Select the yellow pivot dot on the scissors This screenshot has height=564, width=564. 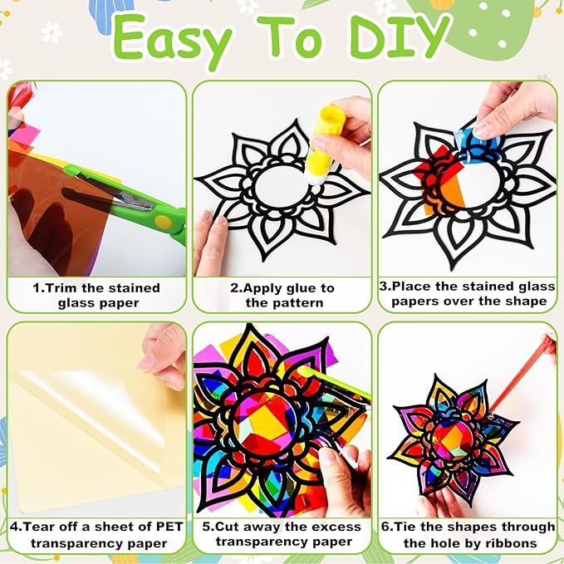(x=163, y=222)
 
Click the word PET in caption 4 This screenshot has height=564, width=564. (x=169, y=527)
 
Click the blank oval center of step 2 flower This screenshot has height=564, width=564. (x=282, y=185)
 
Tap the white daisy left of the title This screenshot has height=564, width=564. (x=51, y=32)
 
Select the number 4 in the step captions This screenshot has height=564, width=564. (x=14, y=527)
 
